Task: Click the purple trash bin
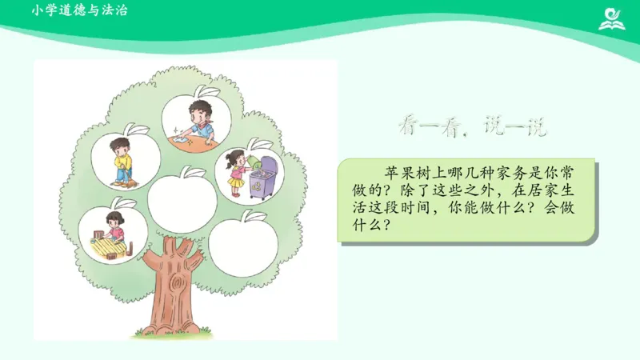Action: click(x=263, y=181)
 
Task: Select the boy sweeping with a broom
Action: click(x=122, y=158)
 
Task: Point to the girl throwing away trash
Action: click(x=236, y=171)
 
